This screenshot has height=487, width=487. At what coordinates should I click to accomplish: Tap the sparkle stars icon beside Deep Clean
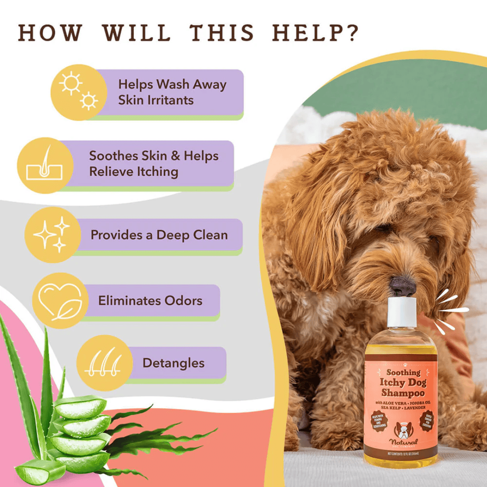tap(52, 234)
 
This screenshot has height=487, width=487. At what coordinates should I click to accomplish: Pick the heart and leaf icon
tap(60, 300)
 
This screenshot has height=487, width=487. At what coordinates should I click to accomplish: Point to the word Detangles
tap(173, 363)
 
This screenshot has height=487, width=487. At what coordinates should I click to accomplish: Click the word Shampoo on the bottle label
tap(400, 393)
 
